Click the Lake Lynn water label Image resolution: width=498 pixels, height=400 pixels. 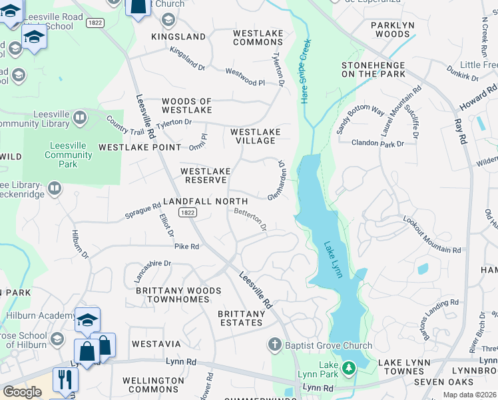[x=333, y=259]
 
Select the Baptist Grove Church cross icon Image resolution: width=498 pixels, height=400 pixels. [x=274, y=345]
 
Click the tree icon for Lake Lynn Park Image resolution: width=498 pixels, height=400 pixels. [x=348, y=368]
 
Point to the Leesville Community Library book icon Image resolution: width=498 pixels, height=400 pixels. [x=80, y=118]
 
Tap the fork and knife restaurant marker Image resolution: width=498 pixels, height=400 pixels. [x=65, y=379]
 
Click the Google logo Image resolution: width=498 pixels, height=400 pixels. [x=22, y=392]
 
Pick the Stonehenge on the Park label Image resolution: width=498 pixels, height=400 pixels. [x=373, y=69]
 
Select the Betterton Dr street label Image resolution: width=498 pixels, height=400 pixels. [x=250, y=219]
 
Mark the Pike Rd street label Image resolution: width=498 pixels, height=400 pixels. [x=186, y=247]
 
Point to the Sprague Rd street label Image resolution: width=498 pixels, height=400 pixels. [x=143, y=211]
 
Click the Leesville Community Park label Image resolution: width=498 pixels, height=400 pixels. [x=69, y=155]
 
